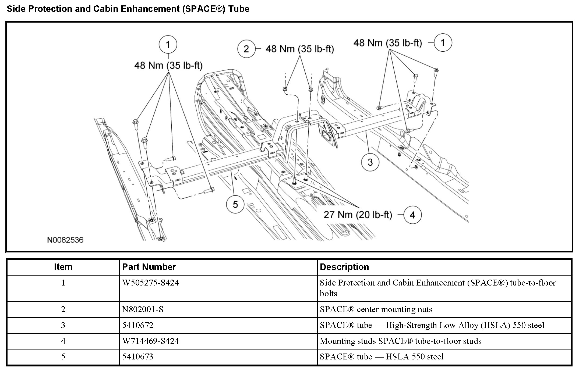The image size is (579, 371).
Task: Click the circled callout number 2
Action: coord(246,49)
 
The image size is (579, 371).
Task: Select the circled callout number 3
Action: coord(370,162)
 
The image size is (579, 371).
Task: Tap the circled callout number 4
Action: coord(412,215)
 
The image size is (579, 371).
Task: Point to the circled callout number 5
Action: coord(235,205)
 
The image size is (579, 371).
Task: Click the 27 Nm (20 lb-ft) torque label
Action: coord(358,215)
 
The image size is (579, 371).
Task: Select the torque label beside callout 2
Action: coord(300,49)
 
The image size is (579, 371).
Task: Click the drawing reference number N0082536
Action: coord(65,240)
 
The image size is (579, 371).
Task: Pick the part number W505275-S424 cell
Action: coord(151,283)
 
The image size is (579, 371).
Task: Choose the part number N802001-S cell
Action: coord(143,309)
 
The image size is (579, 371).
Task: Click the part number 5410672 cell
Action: coord(138,325)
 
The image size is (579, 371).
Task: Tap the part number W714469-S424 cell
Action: coord(151,341)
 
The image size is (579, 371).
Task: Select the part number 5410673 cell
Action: coord(138,357)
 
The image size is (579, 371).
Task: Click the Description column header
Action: coord(344,267)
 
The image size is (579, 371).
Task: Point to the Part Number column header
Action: coord(149,267)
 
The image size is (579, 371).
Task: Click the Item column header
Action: coord(63,267)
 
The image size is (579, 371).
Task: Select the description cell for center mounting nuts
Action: coord(376,309)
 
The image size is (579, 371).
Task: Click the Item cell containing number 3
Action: coord(63,325)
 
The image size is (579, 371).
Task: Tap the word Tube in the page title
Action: coord(239,9)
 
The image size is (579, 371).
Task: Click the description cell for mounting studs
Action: coord(400,341)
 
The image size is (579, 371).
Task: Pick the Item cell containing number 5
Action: coord(63,357)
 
